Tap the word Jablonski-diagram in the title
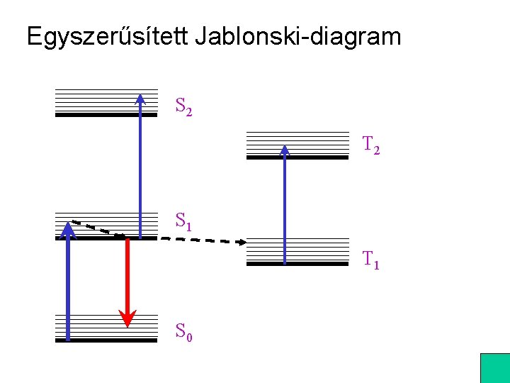(299, 37)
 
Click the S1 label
(183, 223)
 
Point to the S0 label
(183, 331)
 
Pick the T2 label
(371, 145)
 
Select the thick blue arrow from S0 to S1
(68, 284)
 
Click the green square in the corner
(495, 368)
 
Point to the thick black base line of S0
(106, 340)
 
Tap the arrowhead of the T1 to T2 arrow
(285, 150)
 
